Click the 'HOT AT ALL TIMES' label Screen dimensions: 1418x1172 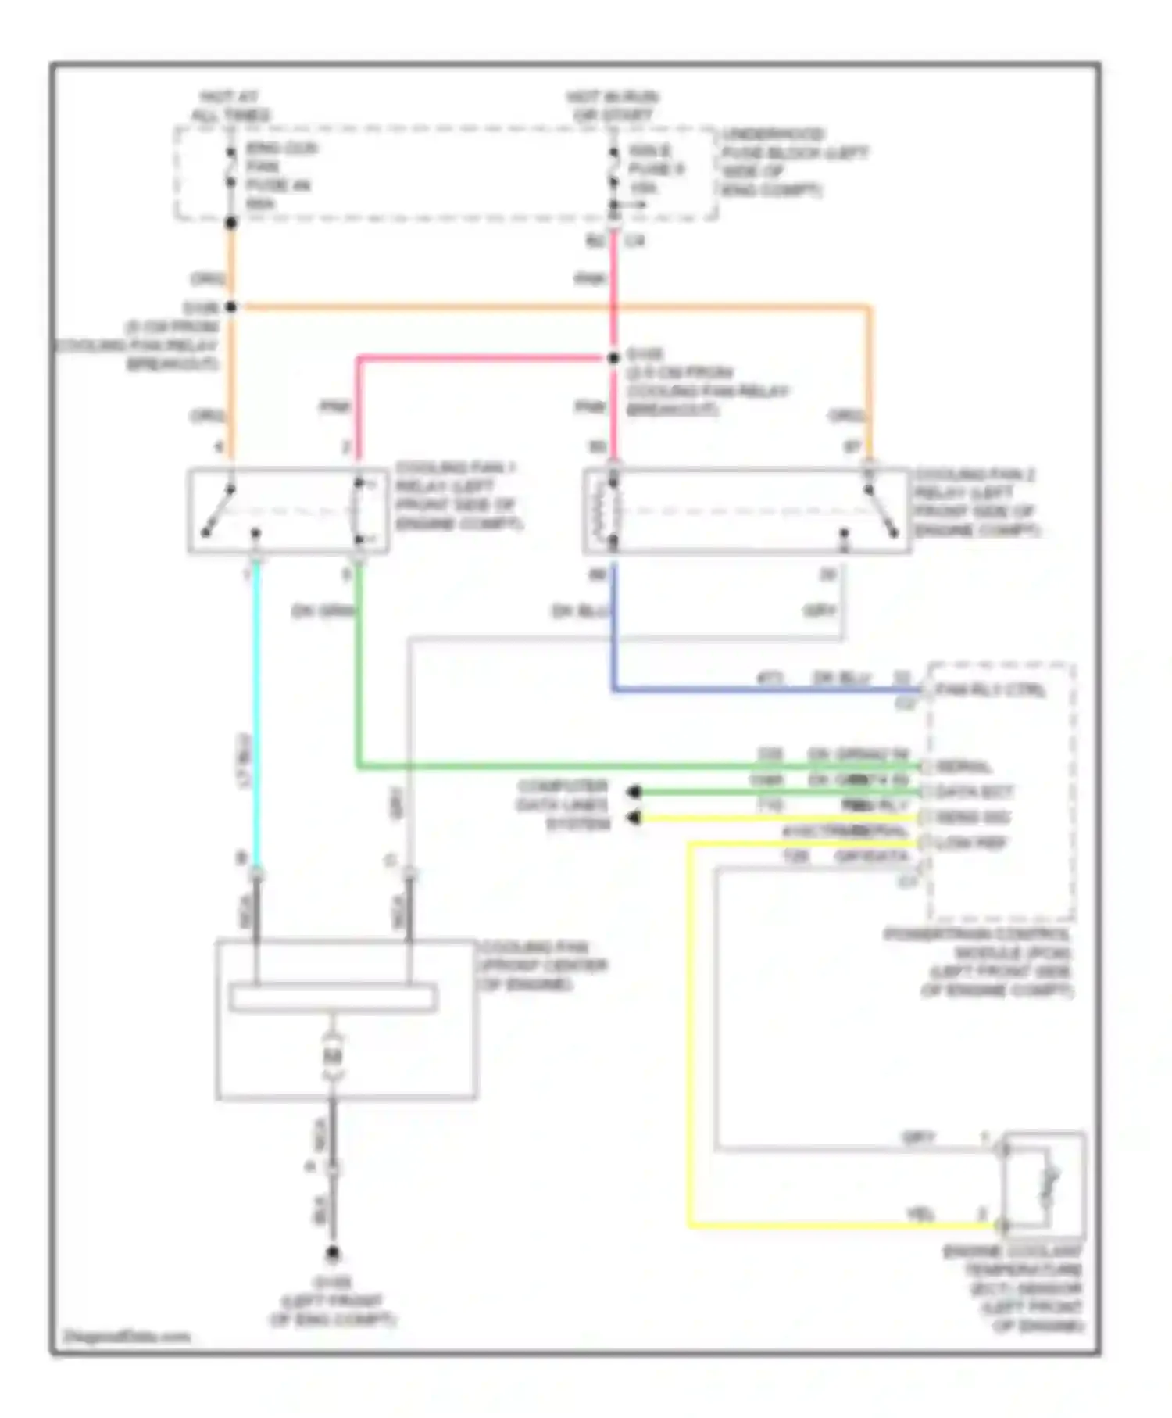pyautogui.click(x=230, y=106)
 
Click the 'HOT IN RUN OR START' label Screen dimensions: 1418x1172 pyautogui.click(x=612, y=106)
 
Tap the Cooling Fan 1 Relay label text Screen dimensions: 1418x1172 pyautogui.click(x=458, y=495)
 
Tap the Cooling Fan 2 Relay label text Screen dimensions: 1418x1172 pyautogui.click(x=977, y=502)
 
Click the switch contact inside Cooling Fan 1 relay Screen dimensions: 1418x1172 pyautogui.click(x=220, y=511)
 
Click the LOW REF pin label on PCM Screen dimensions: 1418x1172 pyautogui.click(x=972, y=843)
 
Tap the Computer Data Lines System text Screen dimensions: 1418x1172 pyautogui.click(x=563, y=804)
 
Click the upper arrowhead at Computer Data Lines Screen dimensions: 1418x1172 pyautogui.click(x=634, y=793)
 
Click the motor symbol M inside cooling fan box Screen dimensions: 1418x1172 pyautogui.click(x=333, y=1057)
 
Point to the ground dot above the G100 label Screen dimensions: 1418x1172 pyautogui.click(x=333, y=1254)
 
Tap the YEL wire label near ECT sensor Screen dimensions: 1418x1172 pyautogui.click(x=920, y=1214)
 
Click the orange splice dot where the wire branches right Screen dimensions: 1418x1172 pyautogui.click(x=231, y=306)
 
